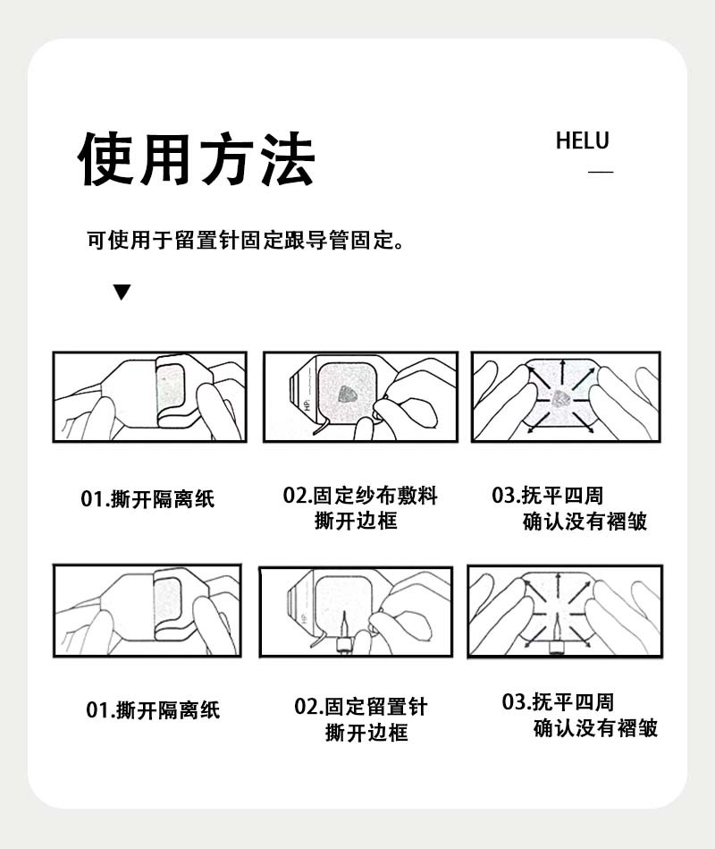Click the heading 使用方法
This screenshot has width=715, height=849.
click(x=198, y=159)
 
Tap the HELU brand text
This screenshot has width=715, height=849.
click(x=582, y=141)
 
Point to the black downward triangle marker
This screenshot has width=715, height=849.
click(x=122, y=293)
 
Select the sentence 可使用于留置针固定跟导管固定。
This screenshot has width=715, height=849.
click(x=244, y=241)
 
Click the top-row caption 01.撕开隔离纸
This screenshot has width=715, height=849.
click(x=147, y=499)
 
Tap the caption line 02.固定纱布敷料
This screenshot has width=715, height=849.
click(x=360, y=496)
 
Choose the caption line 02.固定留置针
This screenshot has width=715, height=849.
click(x=361, y=707)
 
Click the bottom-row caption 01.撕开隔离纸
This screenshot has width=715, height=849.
click(x=153, y=710)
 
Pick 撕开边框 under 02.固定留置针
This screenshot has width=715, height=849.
click(x=366, y=733)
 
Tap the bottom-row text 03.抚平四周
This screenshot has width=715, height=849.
click(x=558, y=701)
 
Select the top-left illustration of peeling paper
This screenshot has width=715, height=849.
click(x=148, y=396)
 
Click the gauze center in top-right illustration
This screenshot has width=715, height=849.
click(x=563, y=397)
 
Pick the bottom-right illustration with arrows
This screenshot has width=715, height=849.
click(x=564, y=611)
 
